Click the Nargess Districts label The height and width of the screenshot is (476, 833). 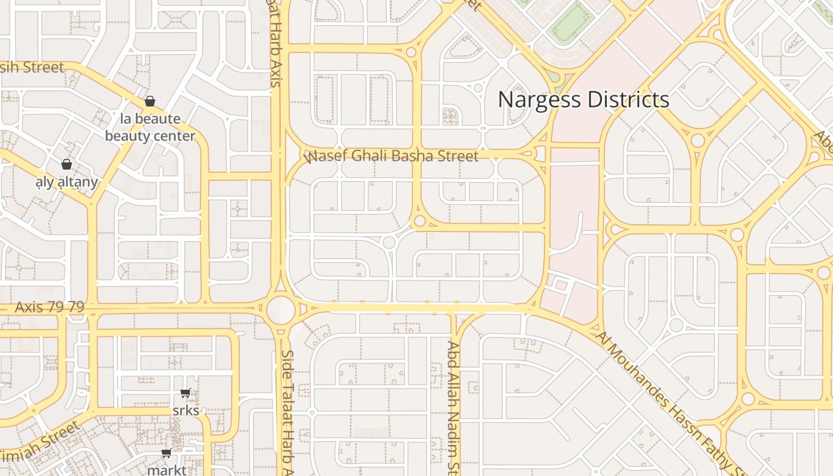pyautogui.click(x=583, y=99)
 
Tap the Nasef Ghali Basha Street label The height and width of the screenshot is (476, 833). pyautogui.click(x=392, y=156)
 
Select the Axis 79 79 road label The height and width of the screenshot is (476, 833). pyautogui.click(x=49, y=307)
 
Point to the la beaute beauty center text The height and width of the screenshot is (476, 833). pyautogui.click(x=150, y=127)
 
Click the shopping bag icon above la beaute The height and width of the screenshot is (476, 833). pyautogui.click(x=150, y=101)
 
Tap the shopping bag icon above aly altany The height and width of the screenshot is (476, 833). pyautogui.click(x=67, y=164)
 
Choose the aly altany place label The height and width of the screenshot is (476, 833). pyautogui.click(x=67, y=181)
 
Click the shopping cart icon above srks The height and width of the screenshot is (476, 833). pyautogui.click(x=186, y=393)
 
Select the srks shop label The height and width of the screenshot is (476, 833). pyautogui.click(x=186, y=411)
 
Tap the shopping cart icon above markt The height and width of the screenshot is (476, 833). pyautogui.click(x=167, y=453)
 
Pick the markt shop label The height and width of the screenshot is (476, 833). pyautogui.click(x=167, y=470)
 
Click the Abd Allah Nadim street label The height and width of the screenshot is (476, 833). pyautogui.click(x=453, y=408)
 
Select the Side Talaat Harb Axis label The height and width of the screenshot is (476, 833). pyautogui.click(x=288, y=411)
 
